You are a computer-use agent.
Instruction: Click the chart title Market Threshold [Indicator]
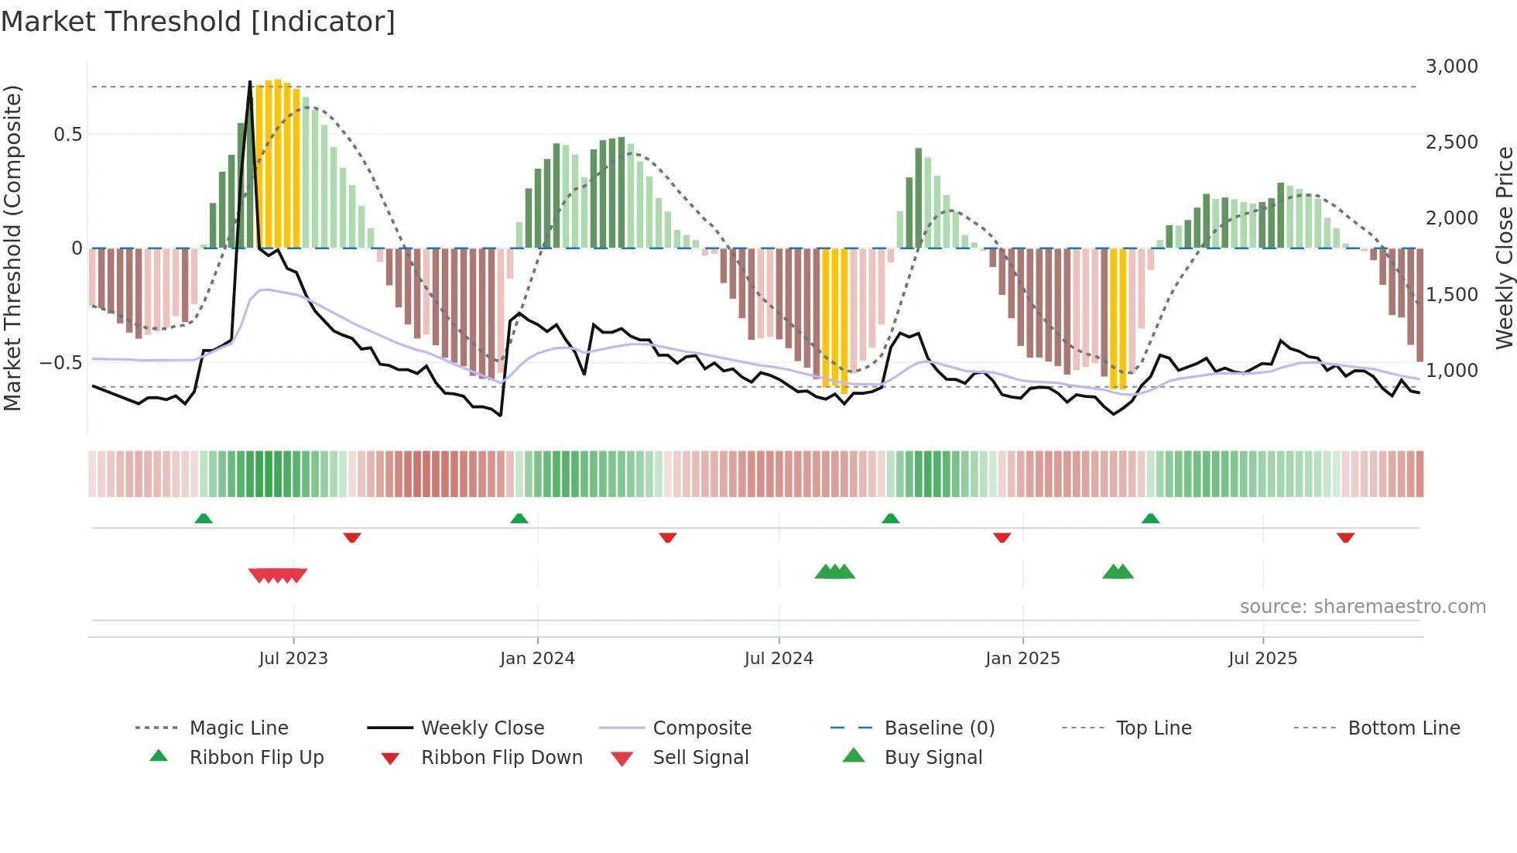(198, 22)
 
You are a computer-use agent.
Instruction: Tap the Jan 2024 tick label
(537, 659)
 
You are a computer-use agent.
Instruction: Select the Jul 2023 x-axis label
(293, 659)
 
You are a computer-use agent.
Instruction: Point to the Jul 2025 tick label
(1262, 659)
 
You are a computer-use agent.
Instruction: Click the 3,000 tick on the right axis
(1451, 67)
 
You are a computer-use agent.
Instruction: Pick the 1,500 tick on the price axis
(1451, 295)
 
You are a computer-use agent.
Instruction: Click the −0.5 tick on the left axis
(60, 363)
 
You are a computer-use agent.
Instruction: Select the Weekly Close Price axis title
(1504, 248)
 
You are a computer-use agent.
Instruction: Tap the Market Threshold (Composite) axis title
(12, 248)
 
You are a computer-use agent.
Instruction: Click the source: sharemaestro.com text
(1362, 607)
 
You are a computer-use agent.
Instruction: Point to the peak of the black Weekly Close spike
(250, 82)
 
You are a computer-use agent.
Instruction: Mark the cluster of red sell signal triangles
(278, 575)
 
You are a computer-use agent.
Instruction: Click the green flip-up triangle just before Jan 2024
(519, 519)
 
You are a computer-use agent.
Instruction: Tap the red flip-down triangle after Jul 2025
(1345, 537)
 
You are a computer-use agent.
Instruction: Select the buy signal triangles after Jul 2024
(834, 572)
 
